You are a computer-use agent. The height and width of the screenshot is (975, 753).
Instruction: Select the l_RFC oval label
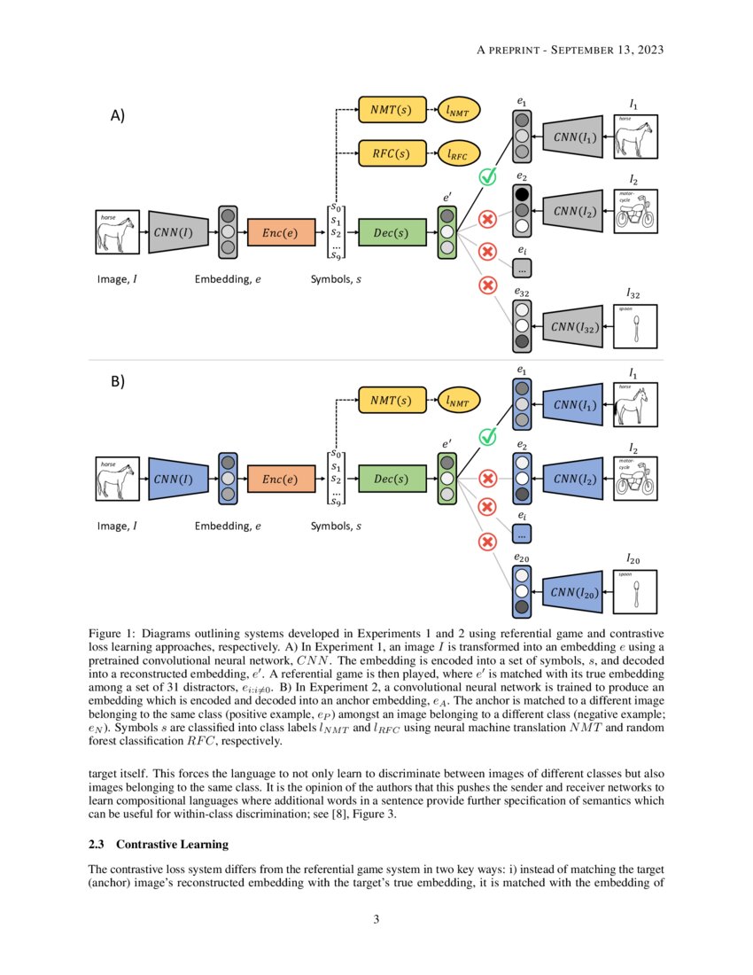point(458,153)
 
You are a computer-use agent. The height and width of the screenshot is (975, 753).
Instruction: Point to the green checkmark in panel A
point(486,177)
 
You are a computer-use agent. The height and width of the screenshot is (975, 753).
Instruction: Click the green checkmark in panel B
point(486,436)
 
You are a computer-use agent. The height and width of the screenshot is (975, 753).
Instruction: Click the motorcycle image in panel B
point(635,479)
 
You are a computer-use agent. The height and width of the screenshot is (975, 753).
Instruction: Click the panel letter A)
point(116,116)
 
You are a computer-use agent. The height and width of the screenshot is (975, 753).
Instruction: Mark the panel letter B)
point(116,382)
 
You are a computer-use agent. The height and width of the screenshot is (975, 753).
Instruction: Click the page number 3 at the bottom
point(376,919)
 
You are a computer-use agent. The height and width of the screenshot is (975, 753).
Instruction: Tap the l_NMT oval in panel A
point(458,111)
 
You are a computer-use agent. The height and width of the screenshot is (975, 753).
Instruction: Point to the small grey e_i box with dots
point(522,268)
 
